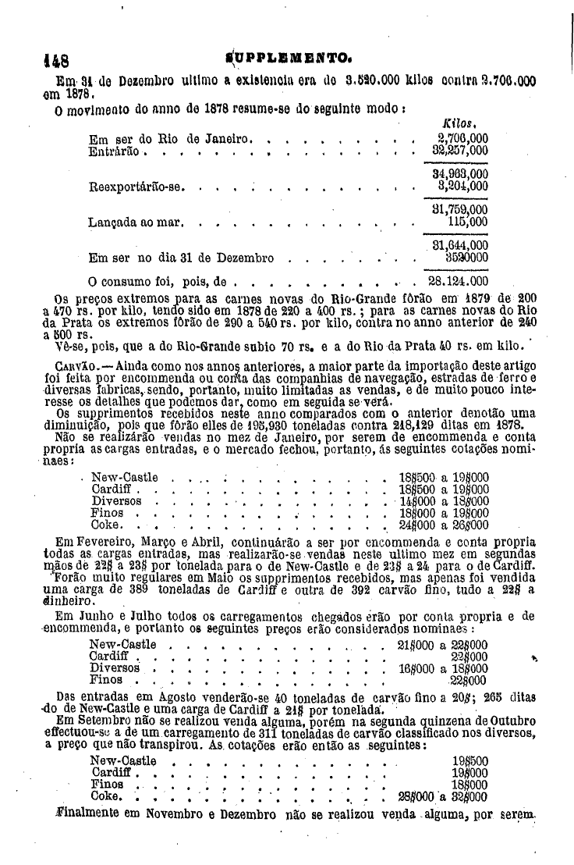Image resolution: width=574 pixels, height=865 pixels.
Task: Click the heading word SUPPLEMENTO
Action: click(285, 58)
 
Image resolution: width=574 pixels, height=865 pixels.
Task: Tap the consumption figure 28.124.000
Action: click(459, 280)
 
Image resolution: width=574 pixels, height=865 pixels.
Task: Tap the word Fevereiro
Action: click(106, 541)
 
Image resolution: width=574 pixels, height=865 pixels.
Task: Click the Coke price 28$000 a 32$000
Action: click(443, 797)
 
